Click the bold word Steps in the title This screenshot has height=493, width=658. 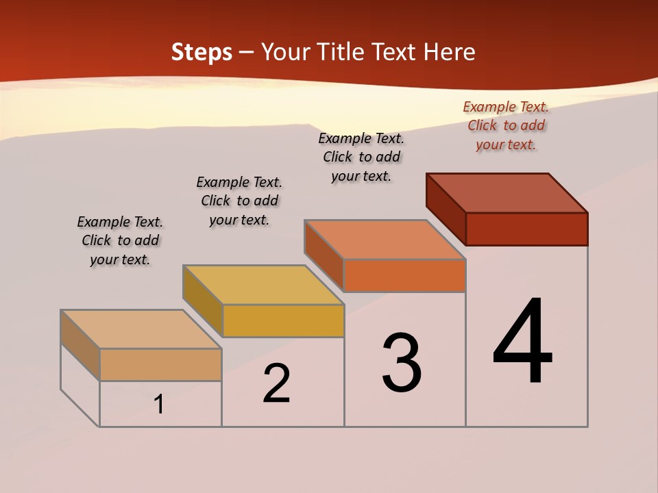(x=202, y=52)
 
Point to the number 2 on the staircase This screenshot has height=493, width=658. (x=276, y=383)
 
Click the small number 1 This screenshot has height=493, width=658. (x=158, y=404)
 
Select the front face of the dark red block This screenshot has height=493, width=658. (x=526, y=229)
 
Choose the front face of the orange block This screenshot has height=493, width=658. (x=404, y=275)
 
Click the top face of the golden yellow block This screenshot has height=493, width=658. (x=263, y=285)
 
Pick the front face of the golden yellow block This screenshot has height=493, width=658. (x=283, y=320)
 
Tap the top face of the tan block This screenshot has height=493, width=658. (x=141, y=329)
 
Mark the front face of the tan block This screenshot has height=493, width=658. (x=160, y=364)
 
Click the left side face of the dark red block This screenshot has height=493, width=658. (x=446, y=208)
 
